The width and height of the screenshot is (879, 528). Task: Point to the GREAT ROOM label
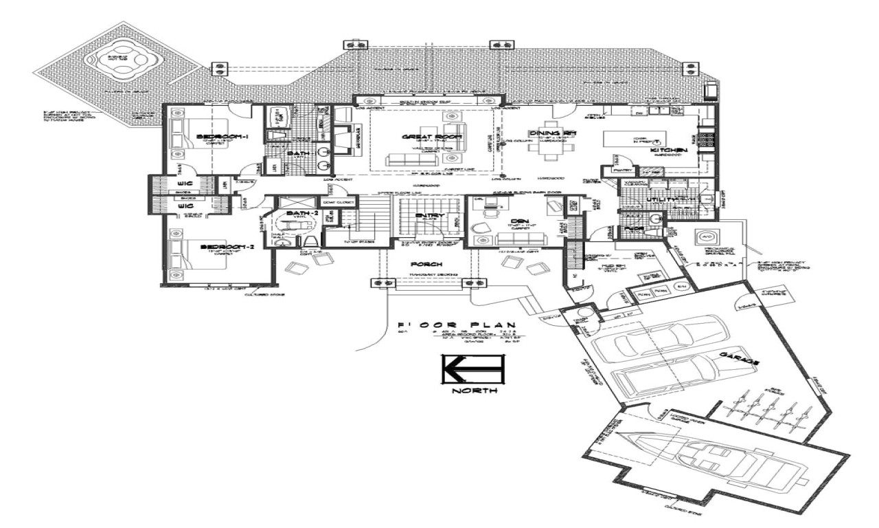(422, 137)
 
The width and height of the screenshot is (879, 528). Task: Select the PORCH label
(426, 264)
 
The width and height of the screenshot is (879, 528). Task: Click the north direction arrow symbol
(473, 370)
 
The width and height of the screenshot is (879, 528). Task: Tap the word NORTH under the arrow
(473, 392)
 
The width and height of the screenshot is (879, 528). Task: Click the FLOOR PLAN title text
(457, 325)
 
